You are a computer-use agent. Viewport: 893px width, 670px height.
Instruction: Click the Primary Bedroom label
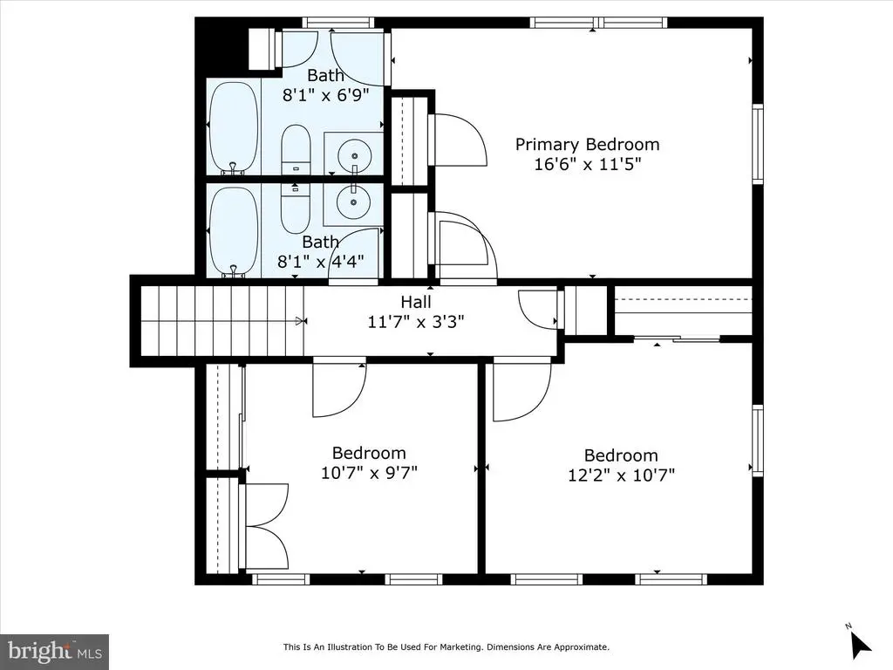click(x=587, y=145)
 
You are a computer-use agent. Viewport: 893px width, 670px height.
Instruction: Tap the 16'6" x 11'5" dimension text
click(x=588, y=164)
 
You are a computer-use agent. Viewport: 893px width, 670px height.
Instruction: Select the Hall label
click(x=416, y=302)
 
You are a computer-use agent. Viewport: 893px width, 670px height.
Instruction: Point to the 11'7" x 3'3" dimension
click(x=416, y=322)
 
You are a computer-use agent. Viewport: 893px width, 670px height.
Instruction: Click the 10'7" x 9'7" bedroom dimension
click(x=369, y=472)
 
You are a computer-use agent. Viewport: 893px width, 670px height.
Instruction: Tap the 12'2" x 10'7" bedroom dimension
click(x=621, y=475)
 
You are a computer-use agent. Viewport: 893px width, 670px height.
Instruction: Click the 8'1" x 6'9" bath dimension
click(x=326, y=94)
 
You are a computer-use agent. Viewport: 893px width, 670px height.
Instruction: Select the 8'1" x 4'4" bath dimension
click(x=320, y=262)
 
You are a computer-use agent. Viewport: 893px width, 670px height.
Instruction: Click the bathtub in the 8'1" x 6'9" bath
click(x=234, y=127)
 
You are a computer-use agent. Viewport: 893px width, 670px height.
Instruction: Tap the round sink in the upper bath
click(x=354, y=154)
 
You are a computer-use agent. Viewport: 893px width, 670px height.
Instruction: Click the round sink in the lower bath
click(x=353, y=201)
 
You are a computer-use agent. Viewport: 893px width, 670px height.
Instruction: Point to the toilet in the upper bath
click(x=297, y=150)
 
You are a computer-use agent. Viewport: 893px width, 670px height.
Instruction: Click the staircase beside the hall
click(x=222, y=321)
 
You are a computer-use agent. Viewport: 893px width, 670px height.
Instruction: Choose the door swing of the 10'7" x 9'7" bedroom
click(x=339, y=390)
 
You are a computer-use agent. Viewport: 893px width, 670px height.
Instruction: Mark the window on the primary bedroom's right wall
click(x=758, y=144)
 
